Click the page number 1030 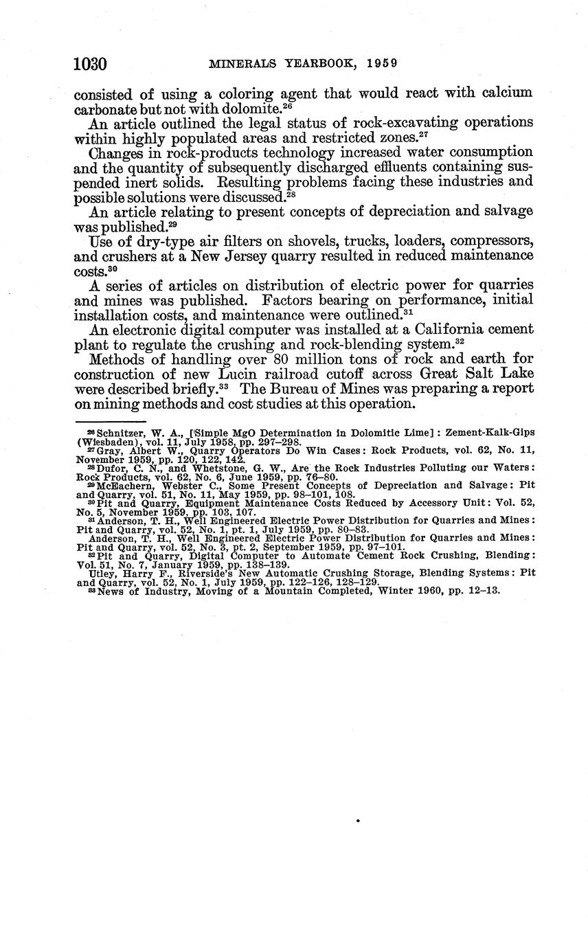90,65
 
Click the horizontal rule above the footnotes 110,421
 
